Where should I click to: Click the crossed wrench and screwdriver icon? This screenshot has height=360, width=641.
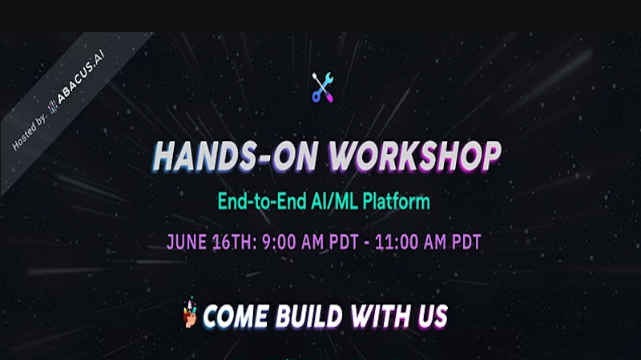point(323,87)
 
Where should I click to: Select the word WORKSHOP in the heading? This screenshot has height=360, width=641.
point(414,156)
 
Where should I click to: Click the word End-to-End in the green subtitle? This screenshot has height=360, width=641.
point(262,201)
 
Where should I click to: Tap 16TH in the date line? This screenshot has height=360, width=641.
point(235,242)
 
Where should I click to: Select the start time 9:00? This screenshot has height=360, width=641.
point(279,242)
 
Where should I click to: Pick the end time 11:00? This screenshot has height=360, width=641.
point(396,242)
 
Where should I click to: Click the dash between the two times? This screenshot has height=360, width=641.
point(367,243)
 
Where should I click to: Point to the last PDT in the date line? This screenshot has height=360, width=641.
point(466,242)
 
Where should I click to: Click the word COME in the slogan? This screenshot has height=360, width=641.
point(236,316)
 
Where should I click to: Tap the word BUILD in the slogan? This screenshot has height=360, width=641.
point(308,316)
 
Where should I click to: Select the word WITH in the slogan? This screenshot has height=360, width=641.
point(381,316)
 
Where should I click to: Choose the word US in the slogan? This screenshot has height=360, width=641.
point(433,316)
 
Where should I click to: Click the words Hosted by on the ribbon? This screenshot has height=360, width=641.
point(29,132)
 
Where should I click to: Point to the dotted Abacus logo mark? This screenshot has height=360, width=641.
point(54,107)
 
